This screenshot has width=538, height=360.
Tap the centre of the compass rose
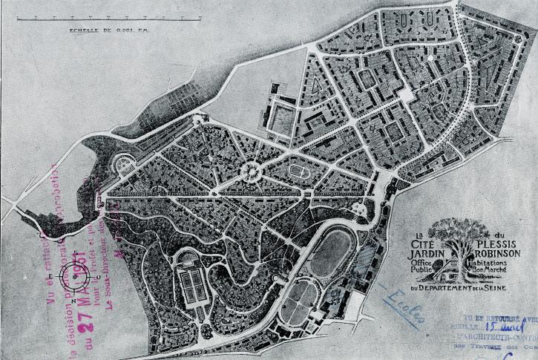coord(76,274)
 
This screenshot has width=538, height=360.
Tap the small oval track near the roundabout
coord(299,170)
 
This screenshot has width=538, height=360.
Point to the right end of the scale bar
coord(199,18)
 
